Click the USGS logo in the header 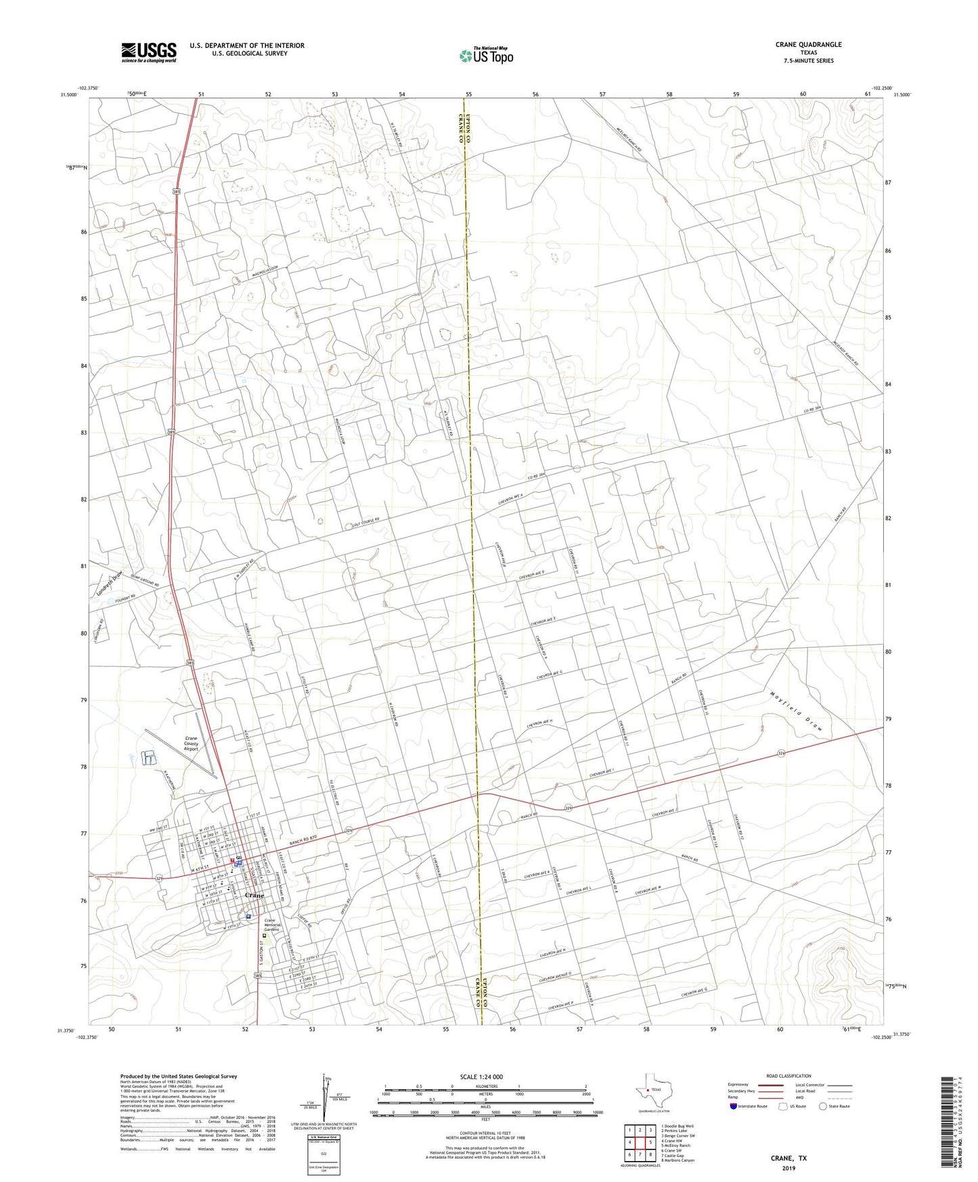(149, 51)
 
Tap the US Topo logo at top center (485, 56)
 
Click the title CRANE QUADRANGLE (808, 45)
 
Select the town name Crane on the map (254, 895)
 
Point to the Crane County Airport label (192, 743)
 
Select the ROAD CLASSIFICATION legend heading (788, 1076)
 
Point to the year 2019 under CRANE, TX (788, 1168)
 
